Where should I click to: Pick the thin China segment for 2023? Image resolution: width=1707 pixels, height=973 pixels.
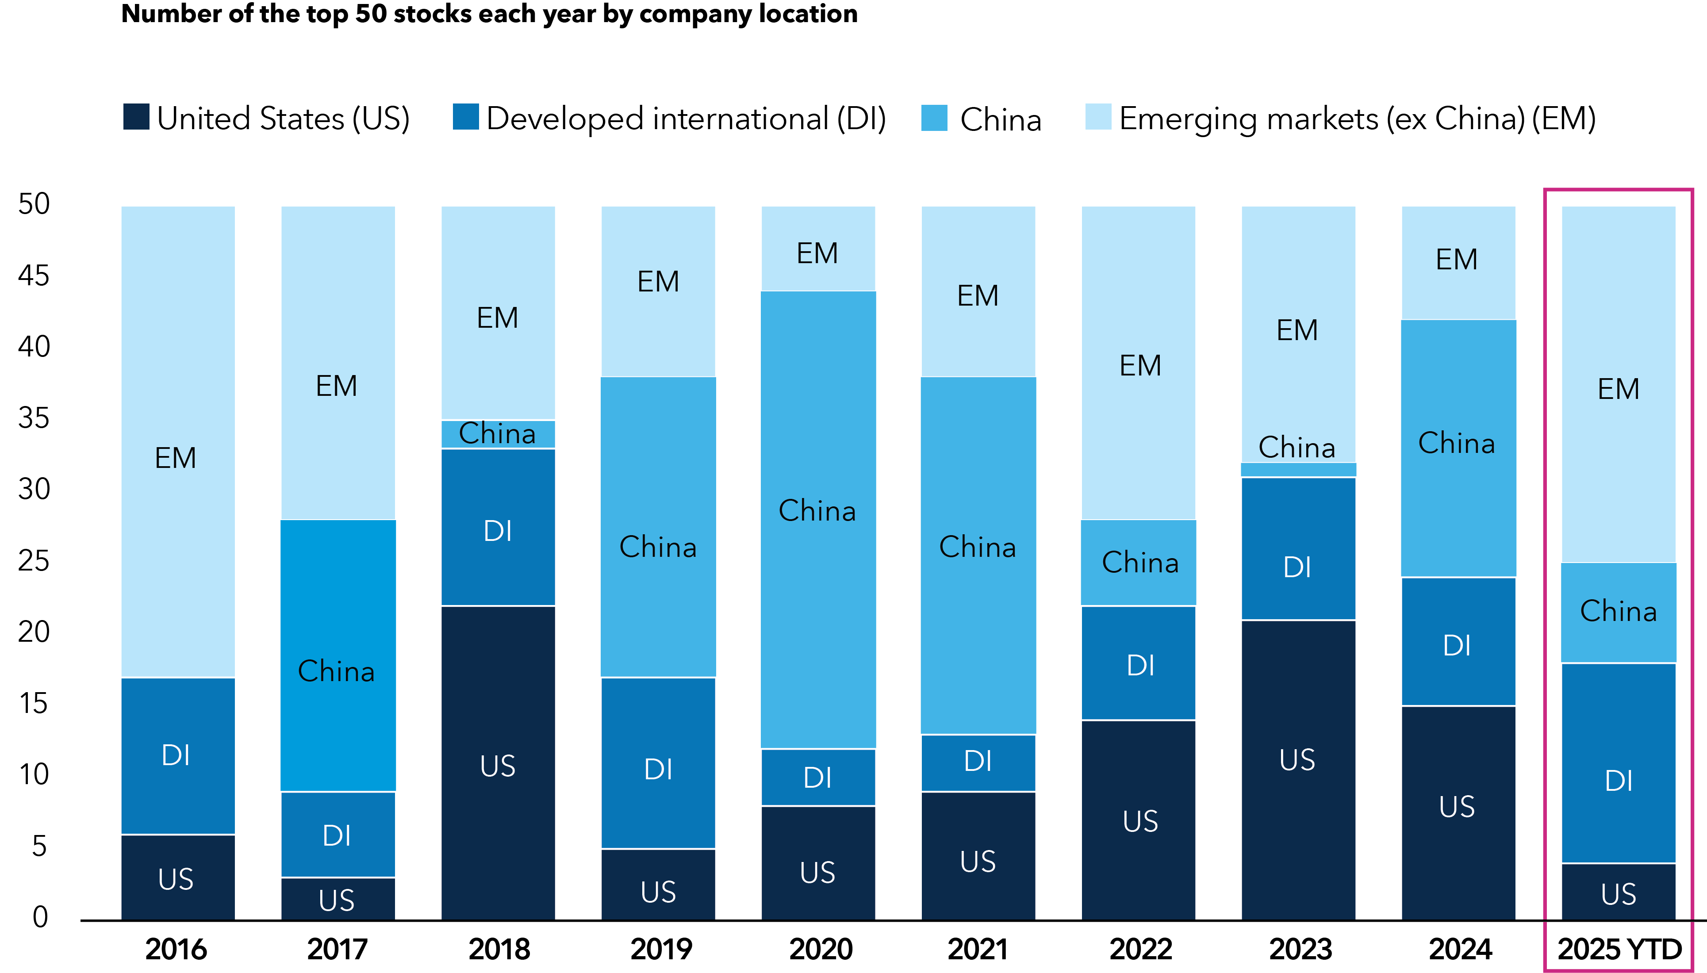(x=1298, y=470)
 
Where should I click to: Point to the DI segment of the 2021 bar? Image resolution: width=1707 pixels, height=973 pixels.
(x=978, y=762)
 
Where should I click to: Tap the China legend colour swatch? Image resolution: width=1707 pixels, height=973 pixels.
(x=934, y=118)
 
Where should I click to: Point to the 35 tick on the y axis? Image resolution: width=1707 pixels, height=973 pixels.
(x=34, y=418)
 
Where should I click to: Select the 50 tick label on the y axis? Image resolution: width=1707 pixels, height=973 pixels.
(x=34, y=204)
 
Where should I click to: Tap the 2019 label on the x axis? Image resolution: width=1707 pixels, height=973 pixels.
(x=660, y=949)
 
